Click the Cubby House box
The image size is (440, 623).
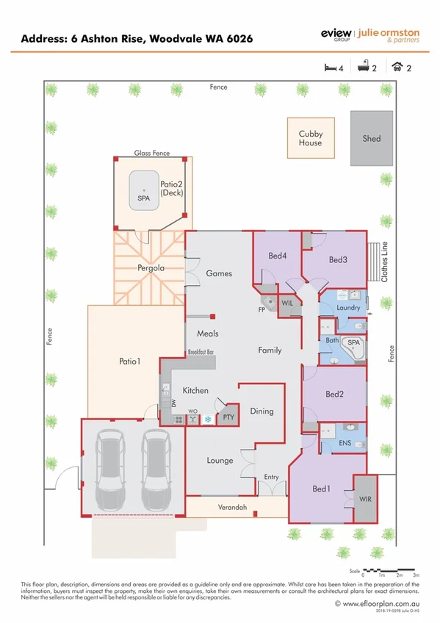[x=310, y=138]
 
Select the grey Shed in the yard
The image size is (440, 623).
[x=371, y=138]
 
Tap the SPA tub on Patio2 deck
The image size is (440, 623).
[x=143, y=190]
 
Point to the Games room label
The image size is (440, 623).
[x=218, y=273]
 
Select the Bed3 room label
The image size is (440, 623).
[x=337, y=259]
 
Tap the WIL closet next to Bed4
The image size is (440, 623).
[x=288, y=302]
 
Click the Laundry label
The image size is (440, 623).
[x=347, y=308]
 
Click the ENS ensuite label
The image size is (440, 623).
[x=345, y=443]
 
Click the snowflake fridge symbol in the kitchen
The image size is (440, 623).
[x=208, y=419]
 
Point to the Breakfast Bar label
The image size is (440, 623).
[x=200, y=352]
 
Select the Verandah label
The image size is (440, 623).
[x=232, y=508]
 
